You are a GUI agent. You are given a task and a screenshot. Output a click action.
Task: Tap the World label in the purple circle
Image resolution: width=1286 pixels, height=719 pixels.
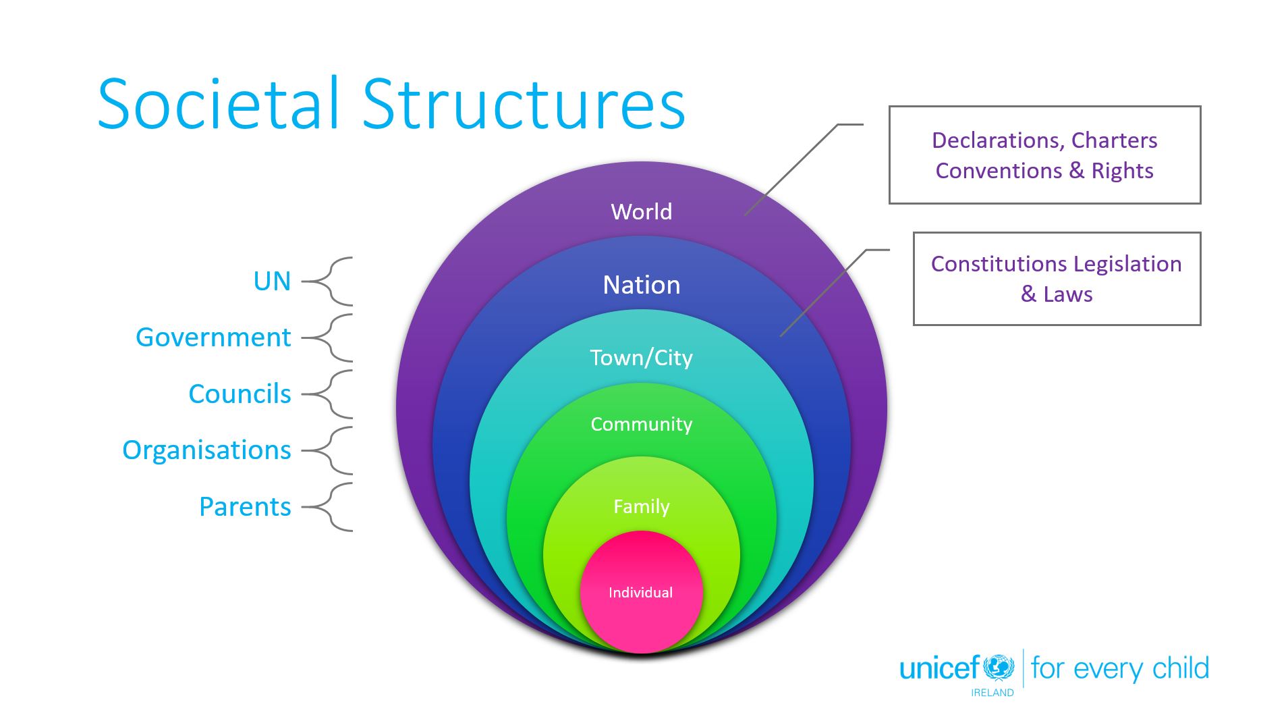(641, 212)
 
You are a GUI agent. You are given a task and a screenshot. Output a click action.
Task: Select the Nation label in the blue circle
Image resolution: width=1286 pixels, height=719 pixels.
(641, 285)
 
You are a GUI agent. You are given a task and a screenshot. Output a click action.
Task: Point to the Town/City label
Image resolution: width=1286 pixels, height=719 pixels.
(641, 358)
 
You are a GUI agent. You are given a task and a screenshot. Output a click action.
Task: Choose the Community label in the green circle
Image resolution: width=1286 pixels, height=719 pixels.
(641, 424)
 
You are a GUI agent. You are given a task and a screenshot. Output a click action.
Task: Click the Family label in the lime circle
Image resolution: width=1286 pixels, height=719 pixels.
(641, 506)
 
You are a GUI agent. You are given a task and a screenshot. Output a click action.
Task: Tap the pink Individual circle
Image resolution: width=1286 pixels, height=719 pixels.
(640, 592)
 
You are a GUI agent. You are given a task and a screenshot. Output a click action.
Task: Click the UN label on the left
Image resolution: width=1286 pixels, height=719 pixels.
(272, 282)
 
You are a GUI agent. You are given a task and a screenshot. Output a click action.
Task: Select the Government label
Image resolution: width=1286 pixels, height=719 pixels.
(213, 338)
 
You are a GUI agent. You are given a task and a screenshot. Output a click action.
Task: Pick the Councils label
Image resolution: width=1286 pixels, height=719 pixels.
(240, 394)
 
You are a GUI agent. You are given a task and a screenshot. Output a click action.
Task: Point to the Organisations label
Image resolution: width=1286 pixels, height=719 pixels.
(206, 450)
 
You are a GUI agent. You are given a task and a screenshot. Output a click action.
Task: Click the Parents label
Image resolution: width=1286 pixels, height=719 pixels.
(245, 507)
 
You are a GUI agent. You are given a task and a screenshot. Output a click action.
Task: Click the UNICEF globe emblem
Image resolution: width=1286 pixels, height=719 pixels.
(999, 668)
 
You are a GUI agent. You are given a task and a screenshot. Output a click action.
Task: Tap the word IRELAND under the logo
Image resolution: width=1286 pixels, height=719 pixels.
(992, 693)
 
